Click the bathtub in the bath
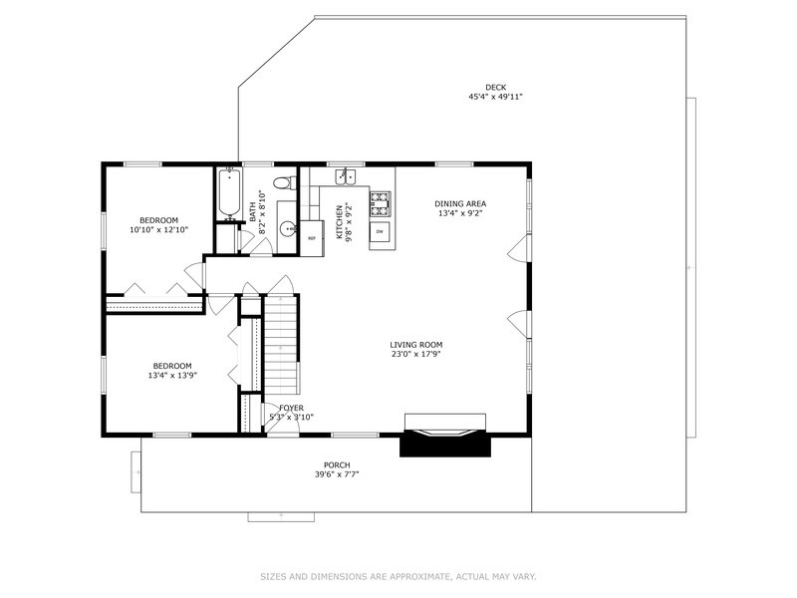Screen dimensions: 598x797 point(228,193)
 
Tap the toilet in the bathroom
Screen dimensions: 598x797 point(287,181)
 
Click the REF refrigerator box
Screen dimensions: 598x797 point(311,238)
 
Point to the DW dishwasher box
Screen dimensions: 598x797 point(380,232)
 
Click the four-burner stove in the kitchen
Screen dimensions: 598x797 point(381,204)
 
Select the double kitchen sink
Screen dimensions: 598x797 point(345,176)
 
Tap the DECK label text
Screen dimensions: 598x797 point(495,87)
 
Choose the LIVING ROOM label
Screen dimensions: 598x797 point(415,344)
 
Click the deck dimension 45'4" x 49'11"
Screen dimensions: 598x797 point(495,97)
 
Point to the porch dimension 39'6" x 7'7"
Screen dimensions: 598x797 point(337,474)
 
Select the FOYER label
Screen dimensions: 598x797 point(291,408)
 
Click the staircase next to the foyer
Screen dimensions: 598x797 point(280,344)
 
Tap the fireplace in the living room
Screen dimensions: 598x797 point(445,435)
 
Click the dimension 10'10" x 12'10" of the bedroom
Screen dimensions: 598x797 point(158,229)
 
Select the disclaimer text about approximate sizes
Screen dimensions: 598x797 point(398,576)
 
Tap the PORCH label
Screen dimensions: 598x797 point(337,464)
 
